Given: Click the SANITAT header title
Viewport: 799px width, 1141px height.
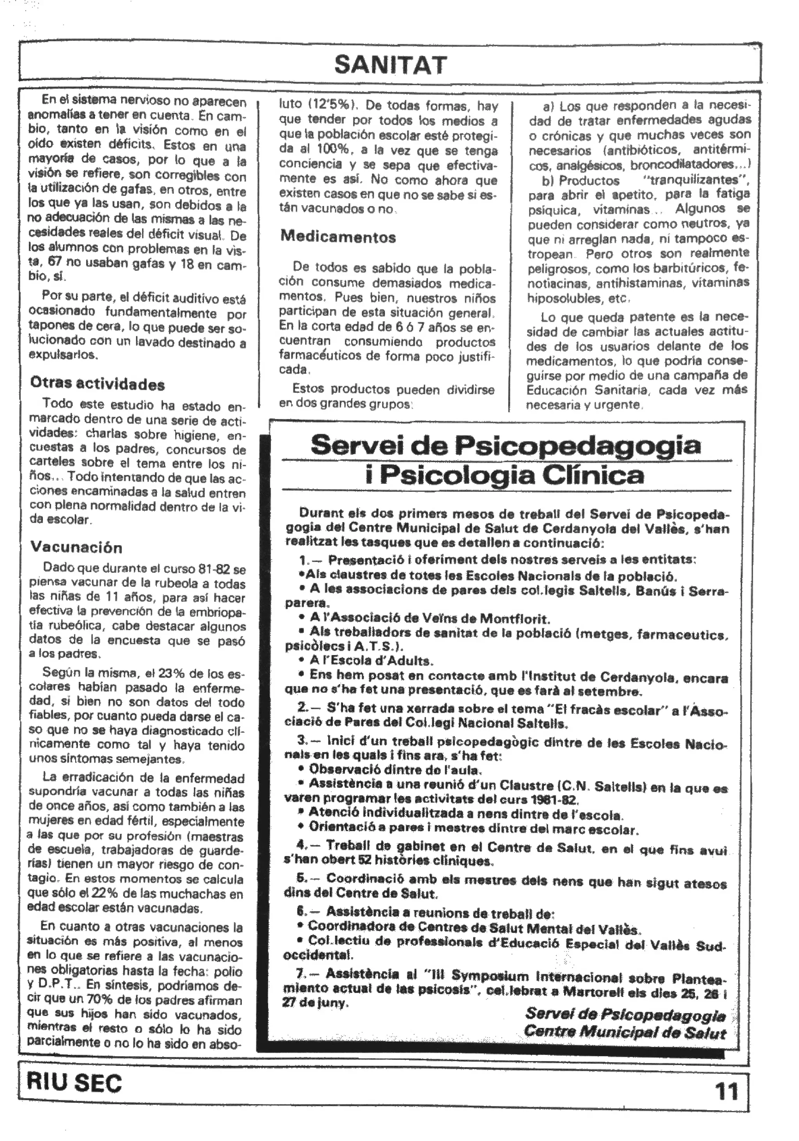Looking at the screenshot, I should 391,65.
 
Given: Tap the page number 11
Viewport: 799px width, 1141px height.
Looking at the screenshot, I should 726,1091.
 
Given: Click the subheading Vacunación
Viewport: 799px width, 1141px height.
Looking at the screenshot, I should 76,547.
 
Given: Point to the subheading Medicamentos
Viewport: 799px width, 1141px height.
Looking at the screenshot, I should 338,236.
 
